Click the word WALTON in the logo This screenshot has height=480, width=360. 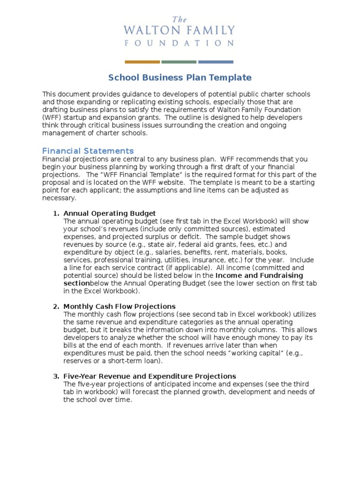click(x=149, y=31)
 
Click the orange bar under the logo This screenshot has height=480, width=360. click(x=142, y=61)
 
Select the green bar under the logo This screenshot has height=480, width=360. click(x=179, y=61)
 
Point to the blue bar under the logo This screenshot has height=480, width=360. click(x=216, y=61)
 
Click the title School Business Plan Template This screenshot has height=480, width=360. click(x=180, y=77)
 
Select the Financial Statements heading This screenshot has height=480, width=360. click(x=88, y=150)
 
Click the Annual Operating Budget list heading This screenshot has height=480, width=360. click(x=110, y=213)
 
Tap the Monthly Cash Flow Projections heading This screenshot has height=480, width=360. click(x=120, y=306)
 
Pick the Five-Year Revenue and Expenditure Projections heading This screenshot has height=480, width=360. click(x=150, y=376)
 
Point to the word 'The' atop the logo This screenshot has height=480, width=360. click(x=180, y=20)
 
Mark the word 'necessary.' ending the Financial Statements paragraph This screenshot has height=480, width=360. click(x=59, y=198)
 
